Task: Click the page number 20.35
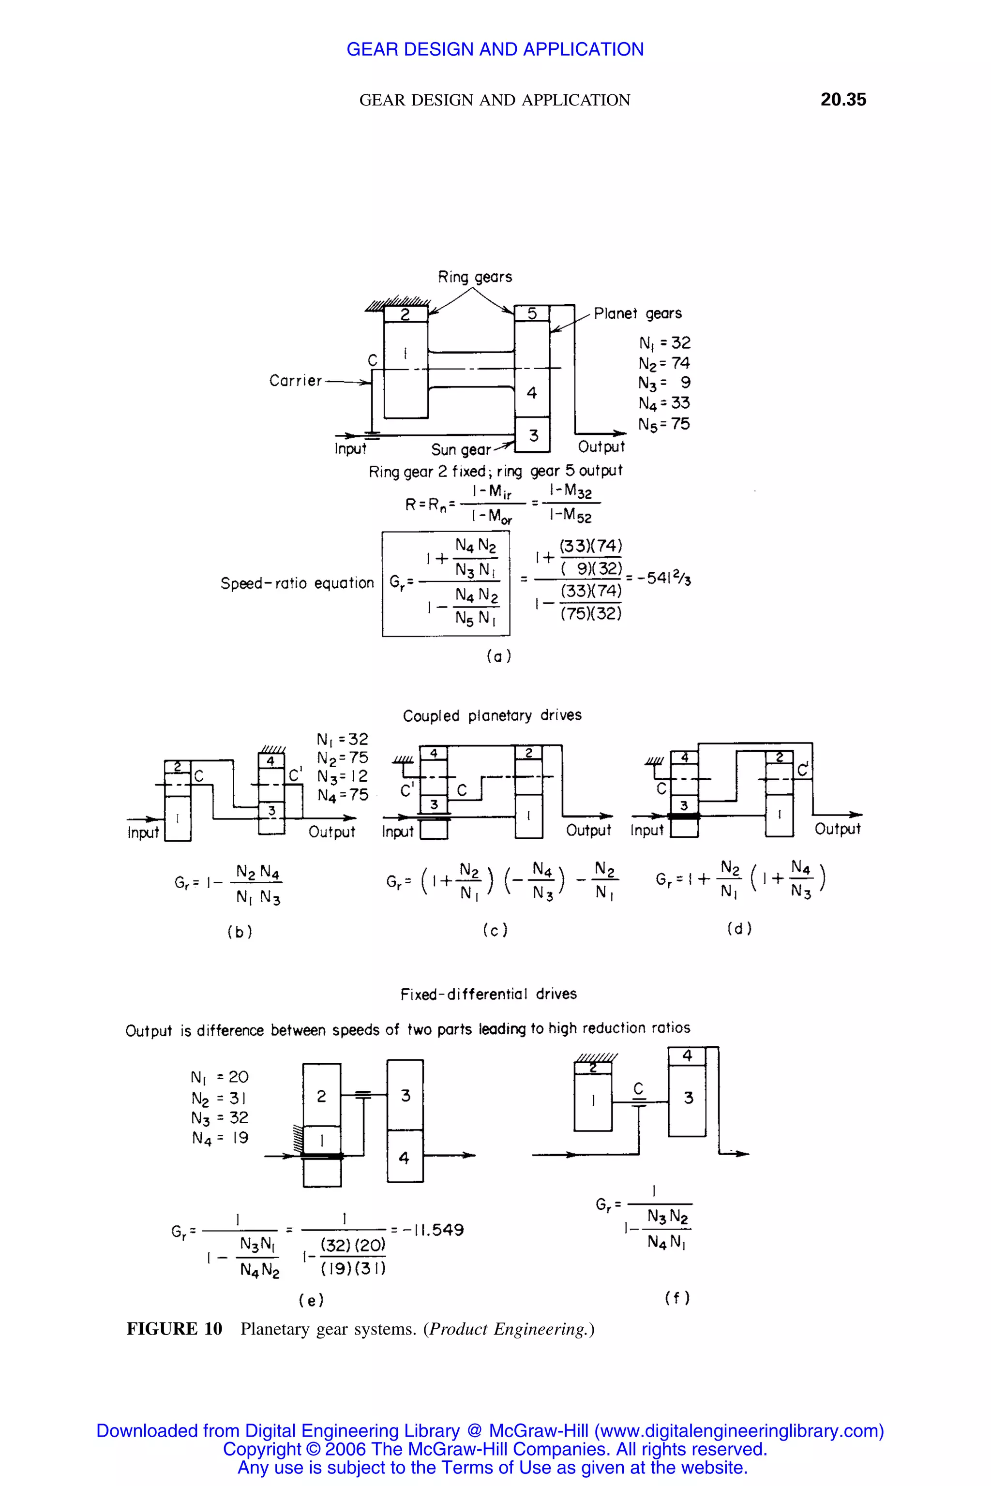coord(842,100)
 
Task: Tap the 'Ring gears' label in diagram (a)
coord(475,277)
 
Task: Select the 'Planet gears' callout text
coord(637,313)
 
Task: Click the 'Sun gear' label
coord(461,449)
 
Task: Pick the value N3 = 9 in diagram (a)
coord(664,383)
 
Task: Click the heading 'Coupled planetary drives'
coord(492,715)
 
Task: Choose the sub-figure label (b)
coord(240,932)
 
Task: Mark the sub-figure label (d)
coord(739,928)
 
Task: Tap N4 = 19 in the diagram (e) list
coord(220,1138)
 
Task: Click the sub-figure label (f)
coord(677,1298)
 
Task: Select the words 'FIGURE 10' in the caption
coord(174,1329)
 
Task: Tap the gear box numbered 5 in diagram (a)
coord(531,313)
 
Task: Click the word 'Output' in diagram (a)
coord(601,446)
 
